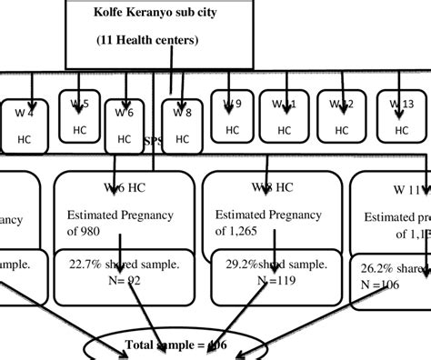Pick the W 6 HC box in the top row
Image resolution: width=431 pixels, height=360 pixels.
click(125, 126)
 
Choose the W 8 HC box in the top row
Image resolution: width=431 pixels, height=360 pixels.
click(182, 126)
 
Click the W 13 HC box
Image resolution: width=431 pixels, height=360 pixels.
click(401, 116)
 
